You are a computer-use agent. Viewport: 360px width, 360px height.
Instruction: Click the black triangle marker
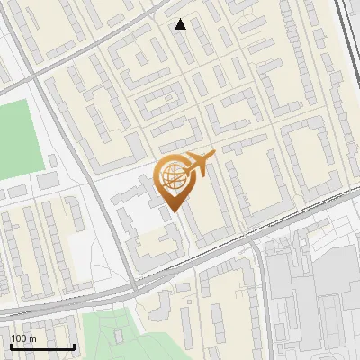click(181, 24)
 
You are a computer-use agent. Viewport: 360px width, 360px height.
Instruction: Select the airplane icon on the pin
click(199, 164)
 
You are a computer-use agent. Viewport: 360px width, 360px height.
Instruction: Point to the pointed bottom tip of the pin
click(175, 211)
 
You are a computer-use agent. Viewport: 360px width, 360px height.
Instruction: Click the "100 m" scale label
click(24, 338)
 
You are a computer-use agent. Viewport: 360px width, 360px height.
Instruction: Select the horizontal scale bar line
click(42, 346)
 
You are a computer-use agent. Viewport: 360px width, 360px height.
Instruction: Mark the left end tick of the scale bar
click(11, 345)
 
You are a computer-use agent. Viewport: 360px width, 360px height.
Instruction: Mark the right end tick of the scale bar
click(74, 345)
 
